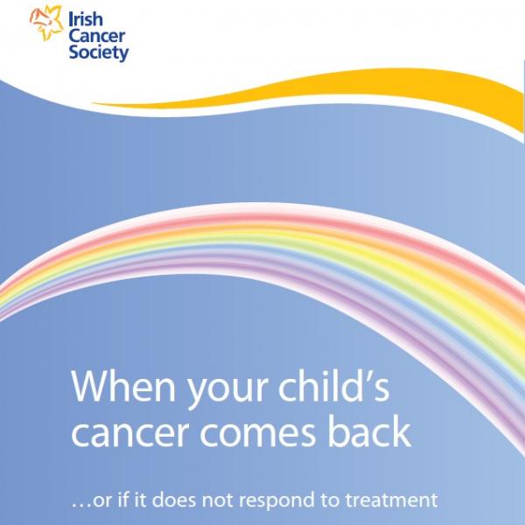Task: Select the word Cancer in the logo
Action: pos(99,34)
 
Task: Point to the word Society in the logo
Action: pos(99,52)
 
